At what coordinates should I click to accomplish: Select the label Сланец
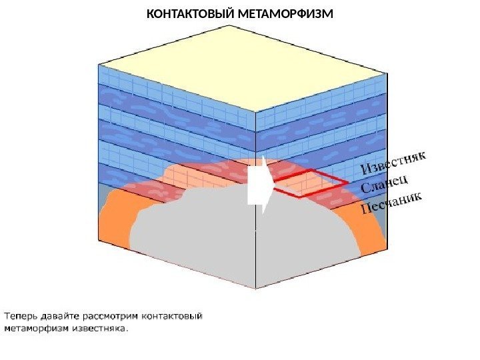click(385, 183)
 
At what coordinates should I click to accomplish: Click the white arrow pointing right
click(261, 186)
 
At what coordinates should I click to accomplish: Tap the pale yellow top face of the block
click(240, 67)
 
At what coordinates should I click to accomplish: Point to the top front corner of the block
click(256, 112)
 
